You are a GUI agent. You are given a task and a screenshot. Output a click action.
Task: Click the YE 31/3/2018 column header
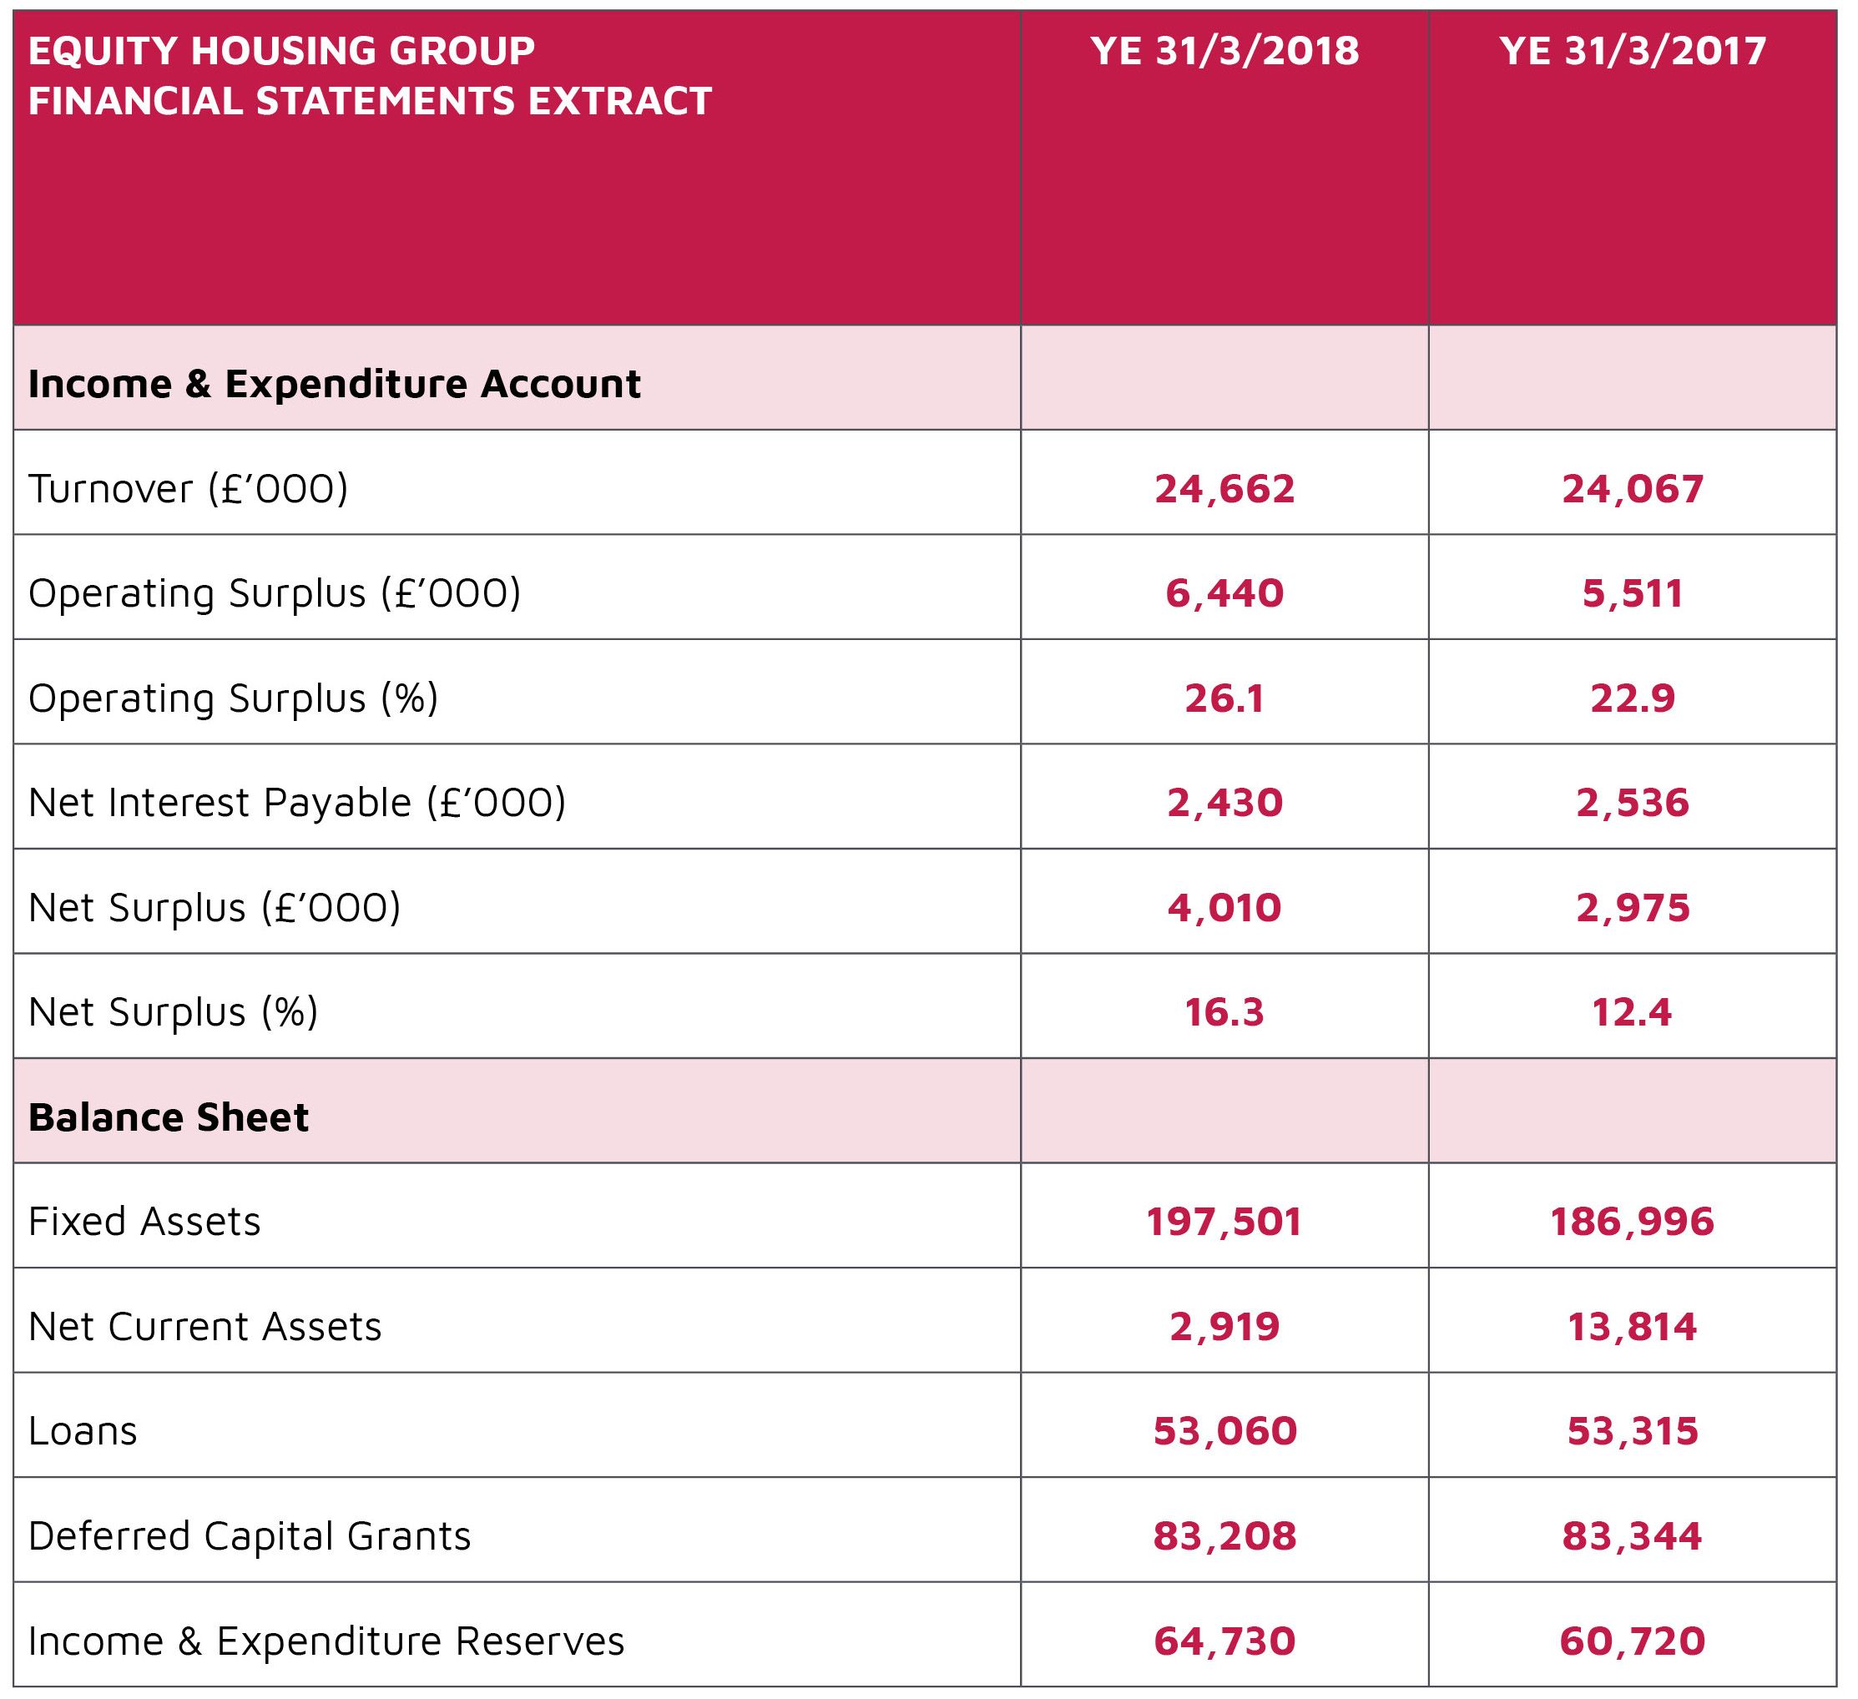[x=1224, y=51]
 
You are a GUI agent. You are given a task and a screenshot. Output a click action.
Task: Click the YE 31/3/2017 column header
[x=1632, y=51]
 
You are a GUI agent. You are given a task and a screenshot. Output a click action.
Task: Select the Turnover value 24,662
[x=1224, y=488]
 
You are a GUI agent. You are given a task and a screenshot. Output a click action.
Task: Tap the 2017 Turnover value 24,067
[x=1632, y=488]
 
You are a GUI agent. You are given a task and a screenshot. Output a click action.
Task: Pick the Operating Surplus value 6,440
[x=1224, y=593]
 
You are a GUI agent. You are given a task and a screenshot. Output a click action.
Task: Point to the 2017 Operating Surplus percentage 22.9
[x=1632, y=698]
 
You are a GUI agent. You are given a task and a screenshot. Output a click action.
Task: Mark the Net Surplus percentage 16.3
[x=1224, y=1012]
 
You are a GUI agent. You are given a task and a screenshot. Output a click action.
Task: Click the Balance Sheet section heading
[x=169, y=1117]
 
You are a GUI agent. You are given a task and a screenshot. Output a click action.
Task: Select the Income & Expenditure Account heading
[x=335, y=384]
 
